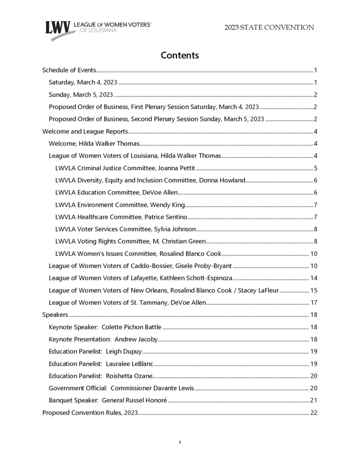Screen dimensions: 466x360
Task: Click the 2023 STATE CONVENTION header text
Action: point(269,27)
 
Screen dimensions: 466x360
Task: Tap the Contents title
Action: point(180,55)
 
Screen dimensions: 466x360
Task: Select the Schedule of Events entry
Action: point(69,71)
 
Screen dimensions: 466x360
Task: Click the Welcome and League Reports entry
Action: point(85,131)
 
